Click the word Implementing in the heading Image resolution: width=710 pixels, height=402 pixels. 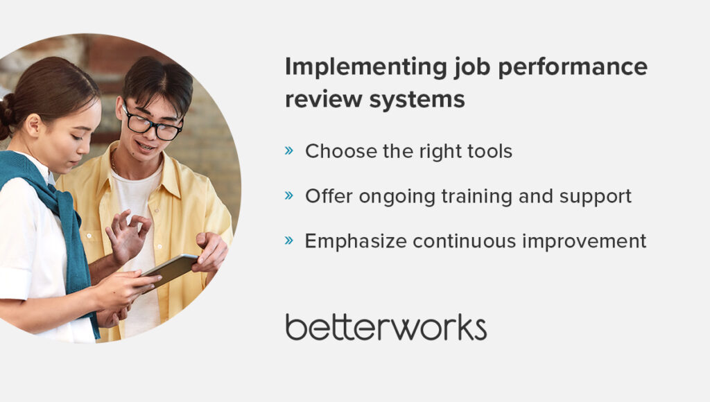tap(366, 68)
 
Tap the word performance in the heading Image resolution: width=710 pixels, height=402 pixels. tap(573, 67)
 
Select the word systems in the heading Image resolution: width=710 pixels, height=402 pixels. tap(417, 100)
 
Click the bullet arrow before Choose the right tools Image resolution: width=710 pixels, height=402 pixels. tap(289, 150)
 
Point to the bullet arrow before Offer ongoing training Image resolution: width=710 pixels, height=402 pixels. tap(289, 195)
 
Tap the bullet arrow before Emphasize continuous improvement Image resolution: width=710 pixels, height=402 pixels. tap(289, 240)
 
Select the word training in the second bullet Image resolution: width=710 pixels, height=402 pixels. tap(477, 197)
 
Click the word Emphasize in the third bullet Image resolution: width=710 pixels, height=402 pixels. tap(356, 241)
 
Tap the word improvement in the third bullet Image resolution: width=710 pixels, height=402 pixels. tap(584, 241)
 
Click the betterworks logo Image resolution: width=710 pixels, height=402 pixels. tap(386, 327)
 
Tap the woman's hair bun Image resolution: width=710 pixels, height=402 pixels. tap(6, 116)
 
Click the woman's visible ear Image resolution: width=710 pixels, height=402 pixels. tap(33, 125)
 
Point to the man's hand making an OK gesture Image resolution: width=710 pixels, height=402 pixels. tap(128, 236)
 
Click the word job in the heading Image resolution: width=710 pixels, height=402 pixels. tap(472, 68)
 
